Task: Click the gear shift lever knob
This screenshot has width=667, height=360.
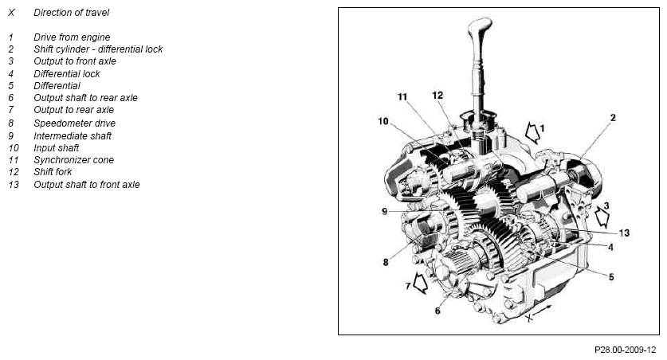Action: [x=480, y=30]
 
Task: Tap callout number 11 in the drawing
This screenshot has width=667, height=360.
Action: [x=402, y=97]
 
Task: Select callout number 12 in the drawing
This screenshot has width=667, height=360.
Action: [x=437, y=96]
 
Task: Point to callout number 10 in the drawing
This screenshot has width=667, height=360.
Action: [x=383, y=122]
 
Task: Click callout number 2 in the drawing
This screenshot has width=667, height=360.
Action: [x=613, y=118]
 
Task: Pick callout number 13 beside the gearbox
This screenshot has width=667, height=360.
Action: [x=624, y=233]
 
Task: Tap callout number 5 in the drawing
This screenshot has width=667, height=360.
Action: [x=611, y=277]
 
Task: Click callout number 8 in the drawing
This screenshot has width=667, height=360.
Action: [x=386, y=262]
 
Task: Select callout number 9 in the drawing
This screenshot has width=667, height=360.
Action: [x=385, y=211]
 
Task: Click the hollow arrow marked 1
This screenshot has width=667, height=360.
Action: [x=532, y=132]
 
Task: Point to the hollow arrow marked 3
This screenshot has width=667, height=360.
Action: [x=602, y=217]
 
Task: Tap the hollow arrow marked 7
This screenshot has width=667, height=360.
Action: [x=420, y=283]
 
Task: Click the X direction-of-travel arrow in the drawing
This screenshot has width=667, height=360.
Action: [x=543, y=311]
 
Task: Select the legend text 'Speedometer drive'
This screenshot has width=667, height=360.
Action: [x=74, y=123]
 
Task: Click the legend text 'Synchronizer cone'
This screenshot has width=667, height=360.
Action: [x=73, y=160]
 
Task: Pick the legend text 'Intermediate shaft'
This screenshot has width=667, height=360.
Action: [x=73, y=136]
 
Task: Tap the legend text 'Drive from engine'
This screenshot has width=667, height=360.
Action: [x=72, y=37]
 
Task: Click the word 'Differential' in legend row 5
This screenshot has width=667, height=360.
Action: [x=57, y=86]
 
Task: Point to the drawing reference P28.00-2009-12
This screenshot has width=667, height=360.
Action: [x=626, y=350]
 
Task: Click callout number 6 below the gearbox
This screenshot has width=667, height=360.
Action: [x=437, y=311]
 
